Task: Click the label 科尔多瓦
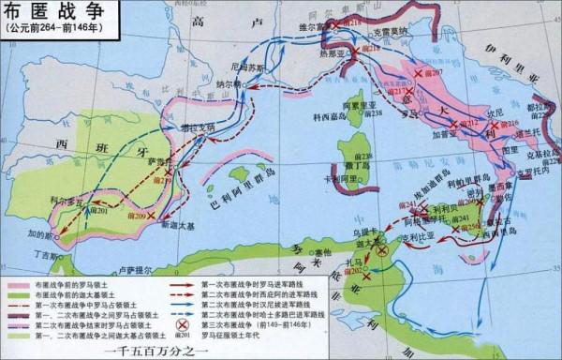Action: click(66, 201)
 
